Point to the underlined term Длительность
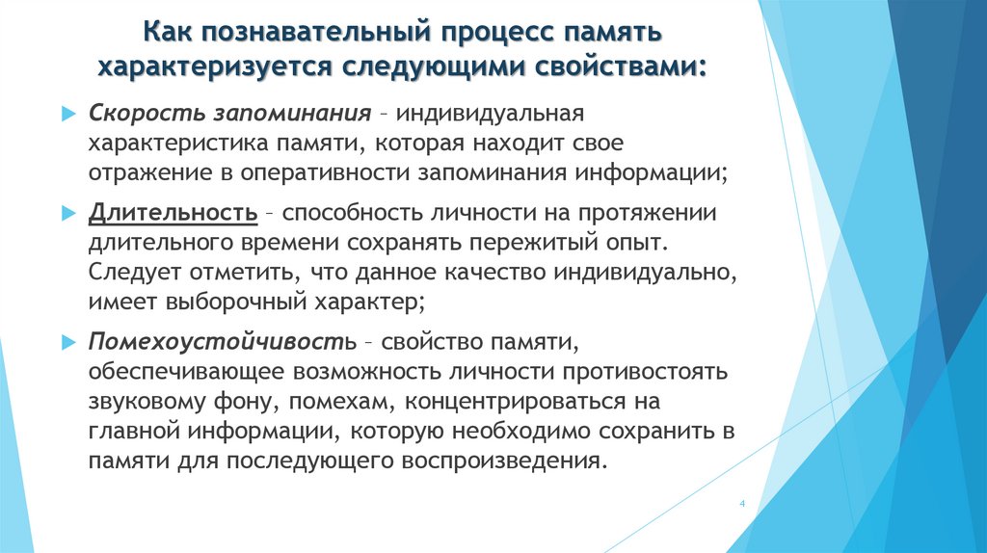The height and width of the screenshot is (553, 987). point(173,212)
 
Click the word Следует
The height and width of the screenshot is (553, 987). point(133,272)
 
